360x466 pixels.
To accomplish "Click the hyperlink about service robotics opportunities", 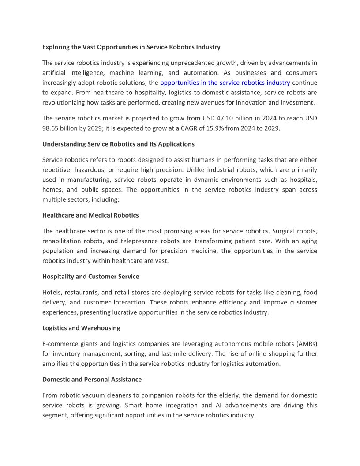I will (x=225, y=83).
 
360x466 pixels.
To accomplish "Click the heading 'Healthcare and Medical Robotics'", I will (x=90, y=215).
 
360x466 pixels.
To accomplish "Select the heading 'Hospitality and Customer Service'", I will (x=90, y=277).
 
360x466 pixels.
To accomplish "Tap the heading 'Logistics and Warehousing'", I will (x=81, y=328).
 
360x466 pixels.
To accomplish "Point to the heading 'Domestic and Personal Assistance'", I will (x=92, y=379).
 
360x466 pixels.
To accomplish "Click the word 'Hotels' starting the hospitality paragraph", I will (x=52, y=293).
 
